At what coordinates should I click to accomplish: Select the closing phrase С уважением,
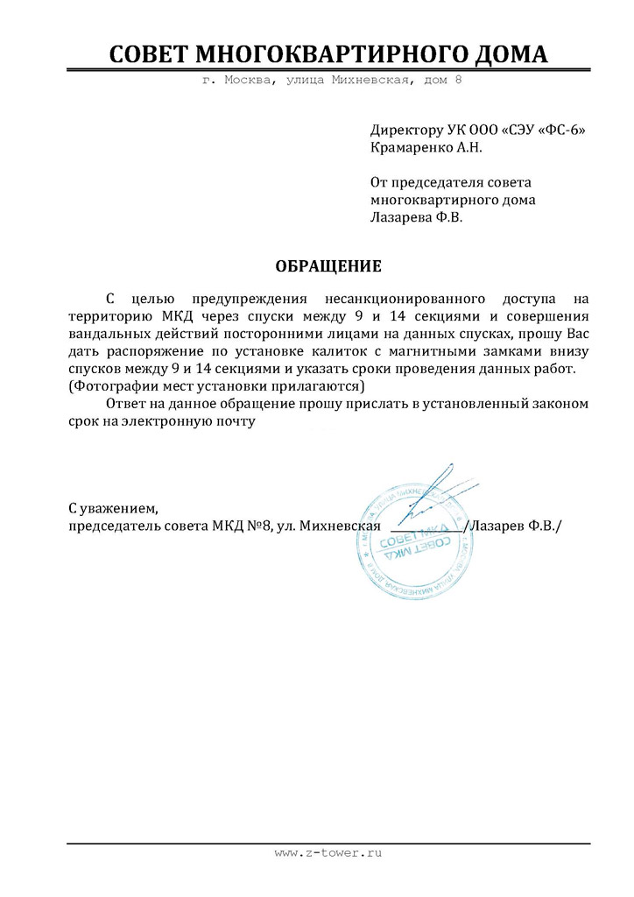tap(114, 507)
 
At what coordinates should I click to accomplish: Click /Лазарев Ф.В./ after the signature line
tap(515, 525)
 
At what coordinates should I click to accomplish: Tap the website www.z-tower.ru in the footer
tap(330, 851)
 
